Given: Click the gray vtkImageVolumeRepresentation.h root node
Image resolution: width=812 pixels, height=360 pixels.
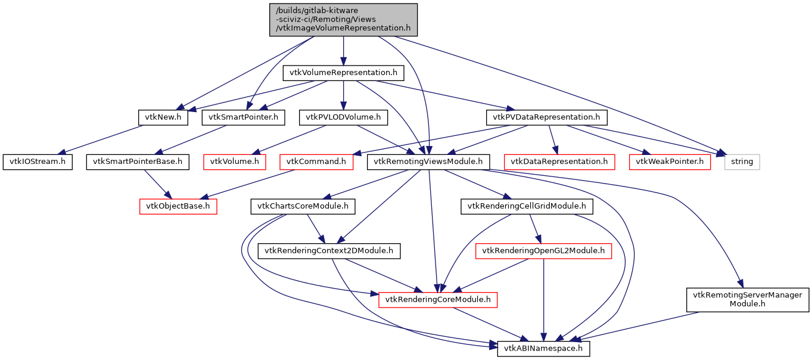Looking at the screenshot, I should [x=343, y=20].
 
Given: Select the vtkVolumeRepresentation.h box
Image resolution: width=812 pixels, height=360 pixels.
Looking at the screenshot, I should [x=343, y=73].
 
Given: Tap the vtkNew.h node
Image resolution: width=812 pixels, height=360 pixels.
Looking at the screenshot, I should [x=163, y=117].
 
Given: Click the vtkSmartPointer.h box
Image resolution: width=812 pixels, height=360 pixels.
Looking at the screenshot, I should [x=242, y=117].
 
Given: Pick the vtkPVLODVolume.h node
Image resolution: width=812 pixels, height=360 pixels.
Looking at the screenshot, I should [x=343, y=117].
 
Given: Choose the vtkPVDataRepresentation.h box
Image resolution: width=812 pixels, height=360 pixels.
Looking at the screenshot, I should [x=546, y=117].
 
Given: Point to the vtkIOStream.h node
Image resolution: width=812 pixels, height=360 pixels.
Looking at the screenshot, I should [x=38, y=162].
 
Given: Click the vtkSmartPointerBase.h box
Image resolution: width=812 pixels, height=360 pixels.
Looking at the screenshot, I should [x=138, y=162].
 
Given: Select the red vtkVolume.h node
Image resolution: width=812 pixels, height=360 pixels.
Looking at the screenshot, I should [x=235, y=162].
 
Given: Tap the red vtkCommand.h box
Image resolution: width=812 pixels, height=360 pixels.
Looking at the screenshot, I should [x=317, y=162].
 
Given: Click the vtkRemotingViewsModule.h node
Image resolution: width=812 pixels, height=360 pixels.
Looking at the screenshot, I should [x=429, y=162].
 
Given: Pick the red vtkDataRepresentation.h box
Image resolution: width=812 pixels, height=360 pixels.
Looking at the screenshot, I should [x=559, y=162].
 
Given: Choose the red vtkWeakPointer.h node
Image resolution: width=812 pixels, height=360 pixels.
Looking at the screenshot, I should [x=669, y=162].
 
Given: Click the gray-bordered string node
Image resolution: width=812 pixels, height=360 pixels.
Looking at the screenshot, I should [x=742, y=162].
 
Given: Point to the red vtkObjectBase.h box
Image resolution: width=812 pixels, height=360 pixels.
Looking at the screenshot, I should [x=178, y=206].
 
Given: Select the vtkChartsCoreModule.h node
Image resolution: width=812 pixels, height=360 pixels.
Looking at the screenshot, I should [x=303, y=206].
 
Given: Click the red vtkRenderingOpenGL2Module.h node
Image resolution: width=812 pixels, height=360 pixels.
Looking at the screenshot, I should [x=543, y=251].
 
